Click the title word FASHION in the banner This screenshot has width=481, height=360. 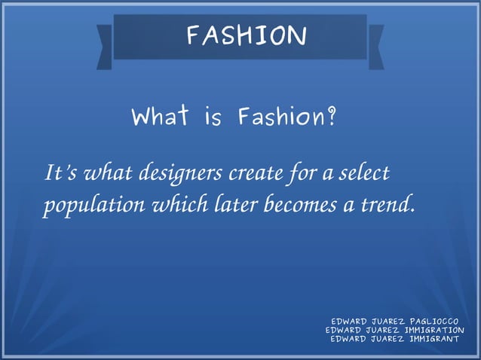click(246, 35)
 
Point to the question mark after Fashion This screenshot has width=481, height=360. click(330, 117)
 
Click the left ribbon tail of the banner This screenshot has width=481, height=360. click(105, 46)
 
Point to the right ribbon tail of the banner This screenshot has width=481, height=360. click(375, 46)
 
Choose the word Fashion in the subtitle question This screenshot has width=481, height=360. click(278, 117)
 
